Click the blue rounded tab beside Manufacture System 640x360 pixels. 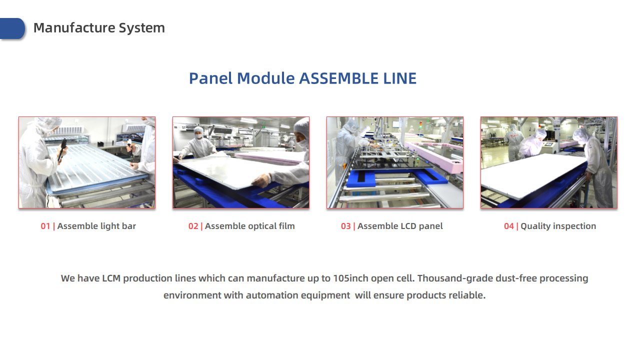pos(12,28)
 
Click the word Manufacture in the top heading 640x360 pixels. pos(74,28)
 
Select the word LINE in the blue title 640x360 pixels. pos(399,78)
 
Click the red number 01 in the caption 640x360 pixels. pos(45,226)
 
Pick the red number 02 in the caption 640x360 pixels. pos(193,226)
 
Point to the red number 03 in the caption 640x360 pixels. pos(345,226)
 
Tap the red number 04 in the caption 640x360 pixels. pos(509,226)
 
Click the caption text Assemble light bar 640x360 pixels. pos(96,226)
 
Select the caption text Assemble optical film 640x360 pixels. pos(249,226)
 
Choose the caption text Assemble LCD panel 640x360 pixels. pos(400,226)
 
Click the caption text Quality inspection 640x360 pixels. pos(558,226)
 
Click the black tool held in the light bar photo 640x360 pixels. pos(62,149)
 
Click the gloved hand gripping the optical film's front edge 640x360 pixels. pos(260,180)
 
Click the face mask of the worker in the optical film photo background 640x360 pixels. pos(198,136)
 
